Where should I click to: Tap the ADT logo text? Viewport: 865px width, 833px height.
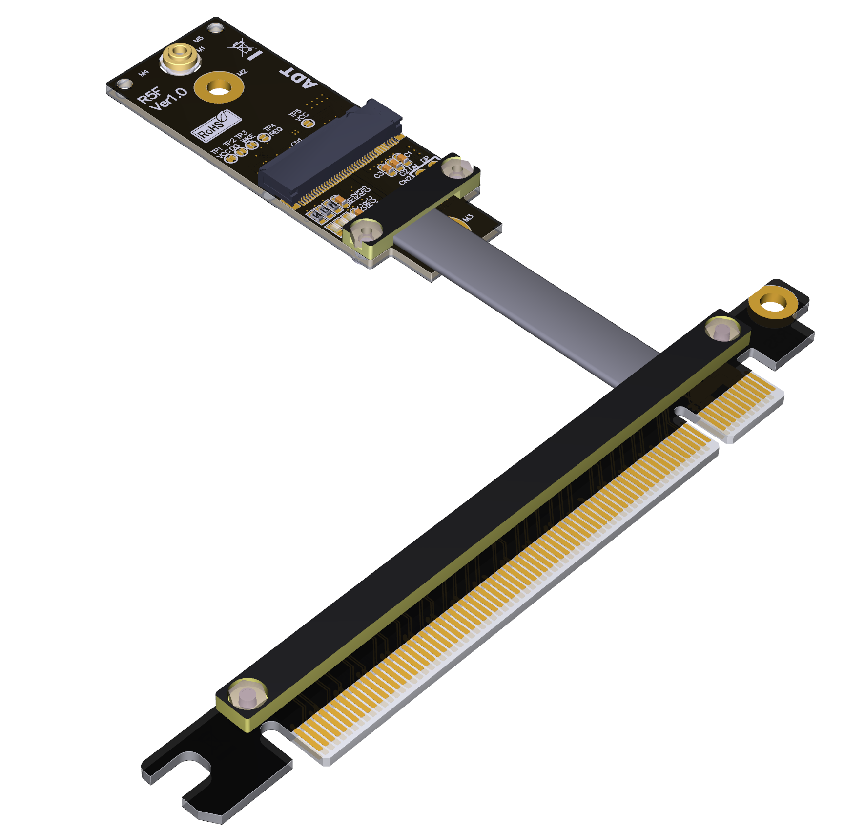299,78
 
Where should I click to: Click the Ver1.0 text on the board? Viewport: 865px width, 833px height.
168,99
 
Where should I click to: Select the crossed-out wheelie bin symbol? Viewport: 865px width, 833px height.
243,47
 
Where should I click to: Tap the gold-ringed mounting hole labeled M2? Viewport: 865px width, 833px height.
219,87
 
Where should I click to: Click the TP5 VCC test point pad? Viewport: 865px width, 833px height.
307,123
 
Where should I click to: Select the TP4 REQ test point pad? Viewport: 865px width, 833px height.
264,138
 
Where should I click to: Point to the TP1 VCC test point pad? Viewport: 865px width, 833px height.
229,158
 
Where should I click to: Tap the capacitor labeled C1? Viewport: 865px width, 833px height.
401,157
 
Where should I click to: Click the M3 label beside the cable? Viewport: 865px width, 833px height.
468,218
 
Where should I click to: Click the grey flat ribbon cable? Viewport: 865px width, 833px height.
527,293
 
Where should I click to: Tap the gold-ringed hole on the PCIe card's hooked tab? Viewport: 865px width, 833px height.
772,307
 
